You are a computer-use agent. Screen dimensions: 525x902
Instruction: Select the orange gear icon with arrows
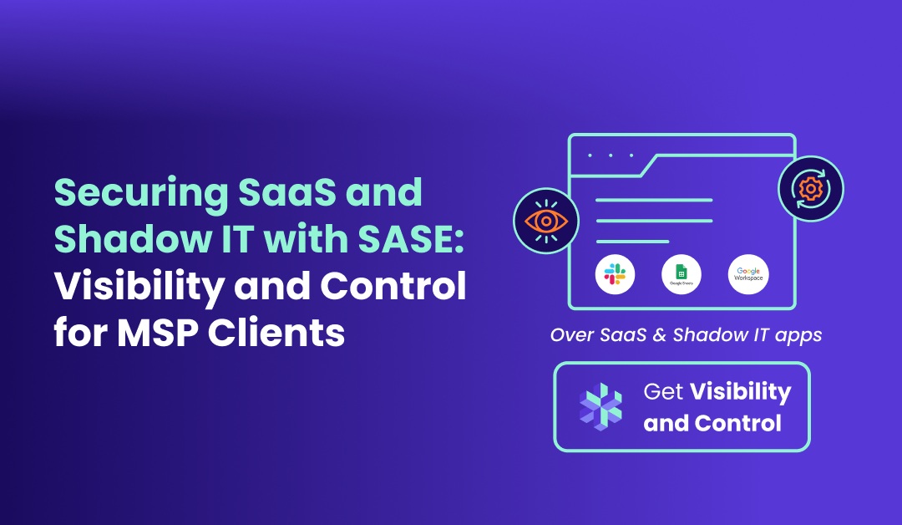(x=810, y=188)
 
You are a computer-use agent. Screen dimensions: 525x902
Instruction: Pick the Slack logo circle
(x=616, y=274)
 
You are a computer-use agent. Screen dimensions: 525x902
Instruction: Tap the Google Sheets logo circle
(x=682, y=274)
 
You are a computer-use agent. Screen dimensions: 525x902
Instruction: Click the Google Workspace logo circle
(x=747, y=274)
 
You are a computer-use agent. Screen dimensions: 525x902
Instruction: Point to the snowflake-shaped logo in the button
(x=600, y=407)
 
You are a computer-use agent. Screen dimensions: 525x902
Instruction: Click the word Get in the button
(x=661, y=391)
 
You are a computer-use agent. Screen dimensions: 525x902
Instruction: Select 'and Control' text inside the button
(x=712, y=423)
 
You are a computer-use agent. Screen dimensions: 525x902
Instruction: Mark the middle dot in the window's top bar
(x=611, y=155)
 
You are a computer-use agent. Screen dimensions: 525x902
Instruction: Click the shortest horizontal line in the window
(x=632, y=242)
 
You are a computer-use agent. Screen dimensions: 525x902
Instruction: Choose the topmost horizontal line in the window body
(x=654, y=200)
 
